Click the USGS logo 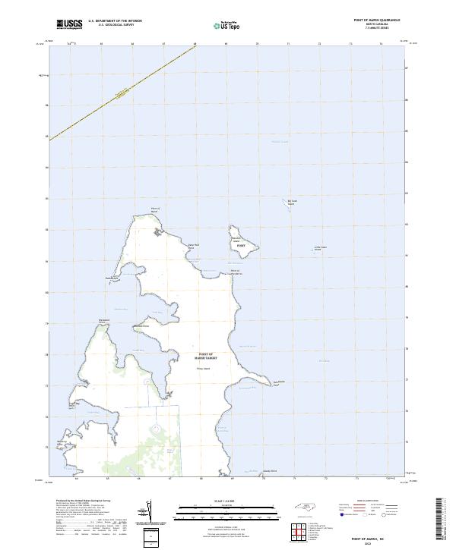point(69,24)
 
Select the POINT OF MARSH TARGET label point(207,356)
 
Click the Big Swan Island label point(290,202)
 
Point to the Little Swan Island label point(320,248)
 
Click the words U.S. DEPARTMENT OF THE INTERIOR point(115,20)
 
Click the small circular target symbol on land point(155,429)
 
